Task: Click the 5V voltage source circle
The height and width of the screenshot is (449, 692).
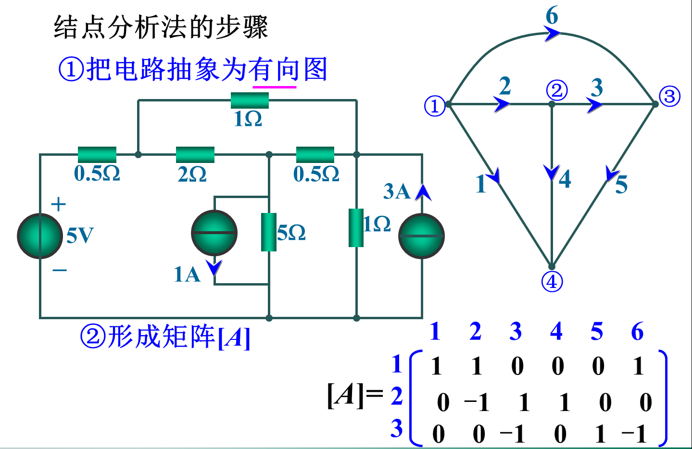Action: coord(40,236)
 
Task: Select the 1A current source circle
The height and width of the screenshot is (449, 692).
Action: coord(214,233)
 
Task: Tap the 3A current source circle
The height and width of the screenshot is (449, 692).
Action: coord(421,236)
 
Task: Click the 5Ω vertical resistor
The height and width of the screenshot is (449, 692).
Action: coord(268,232)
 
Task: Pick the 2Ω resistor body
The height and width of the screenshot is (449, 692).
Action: coord(195,155)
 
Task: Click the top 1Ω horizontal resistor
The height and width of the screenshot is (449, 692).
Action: coord(250,100)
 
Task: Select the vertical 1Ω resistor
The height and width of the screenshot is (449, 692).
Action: coord(356,227)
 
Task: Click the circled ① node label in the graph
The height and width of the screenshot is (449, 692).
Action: coord(435,106)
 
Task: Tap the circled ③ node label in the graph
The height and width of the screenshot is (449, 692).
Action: coord(669,97)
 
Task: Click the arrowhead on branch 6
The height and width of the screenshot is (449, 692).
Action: coord(553,34)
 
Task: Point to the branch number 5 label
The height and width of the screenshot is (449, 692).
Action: coord(621,185)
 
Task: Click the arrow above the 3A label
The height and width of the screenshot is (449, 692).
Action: coord(423,192)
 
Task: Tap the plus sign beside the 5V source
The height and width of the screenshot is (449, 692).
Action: coord(58,204)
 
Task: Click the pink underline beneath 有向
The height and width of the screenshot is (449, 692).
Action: coord(274,87)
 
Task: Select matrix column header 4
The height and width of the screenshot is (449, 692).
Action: coord(556,331)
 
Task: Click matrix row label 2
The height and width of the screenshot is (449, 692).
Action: coord(397,396)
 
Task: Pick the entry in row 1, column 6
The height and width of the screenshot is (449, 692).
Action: coord(639,366)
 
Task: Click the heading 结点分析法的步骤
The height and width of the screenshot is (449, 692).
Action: coord(161,27)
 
